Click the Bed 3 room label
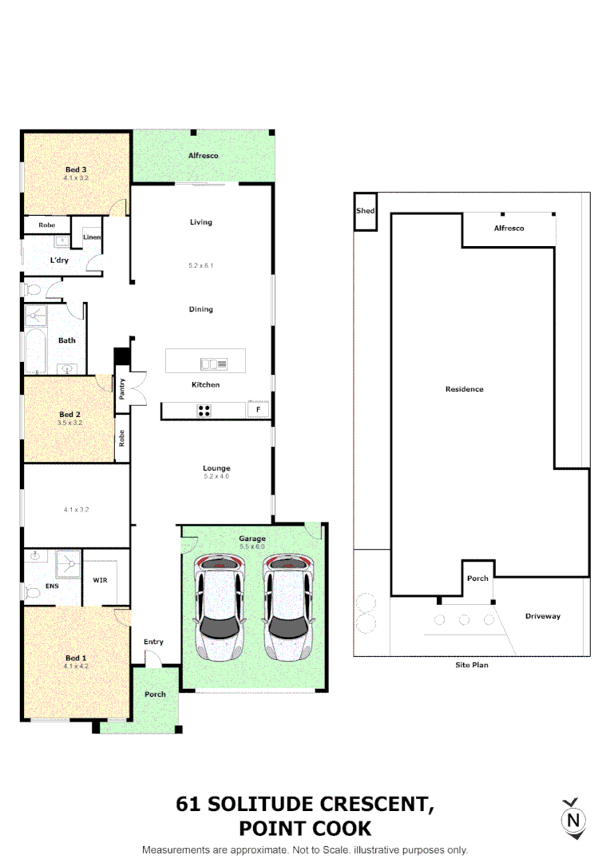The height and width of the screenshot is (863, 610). (76, 169)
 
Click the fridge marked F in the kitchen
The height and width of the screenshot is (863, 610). (258, 410)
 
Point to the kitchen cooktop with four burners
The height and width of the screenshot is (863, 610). (204, 411)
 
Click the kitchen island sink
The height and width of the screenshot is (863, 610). (214, 364)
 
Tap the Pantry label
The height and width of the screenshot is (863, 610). (122, 389)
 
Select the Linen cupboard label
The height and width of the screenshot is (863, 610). (92, 237)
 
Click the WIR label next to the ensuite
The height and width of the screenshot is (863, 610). (101, 579)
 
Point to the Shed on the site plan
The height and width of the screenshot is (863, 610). (366, 211)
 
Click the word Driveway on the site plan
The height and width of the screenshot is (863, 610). (543, 616)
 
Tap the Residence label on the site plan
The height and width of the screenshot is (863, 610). (465, 389)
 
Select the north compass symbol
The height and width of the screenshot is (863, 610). (572, 818)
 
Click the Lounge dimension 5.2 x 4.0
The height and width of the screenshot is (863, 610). (216, 476)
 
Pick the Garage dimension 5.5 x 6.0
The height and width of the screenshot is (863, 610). (252, 547)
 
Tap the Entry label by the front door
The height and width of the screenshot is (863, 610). (153, 642)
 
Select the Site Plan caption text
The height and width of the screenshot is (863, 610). (471, 665)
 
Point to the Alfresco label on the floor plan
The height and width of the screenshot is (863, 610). (203, 156)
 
